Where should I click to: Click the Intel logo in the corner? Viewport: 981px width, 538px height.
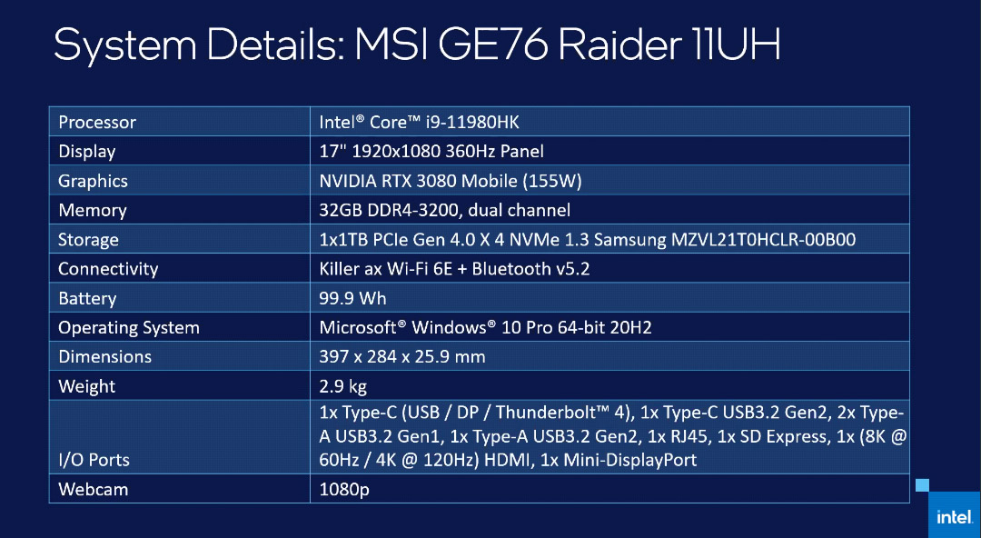pyautogui.click(x=955, y=517)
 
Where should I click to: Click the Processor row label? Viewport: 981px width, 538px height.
pyautogui.click(x=97, y=122)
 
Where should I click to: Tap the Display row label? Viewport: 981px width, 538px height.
pyautogui.click(x=87, y=152)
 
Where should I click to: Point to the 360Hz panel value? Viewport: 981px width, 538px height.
pyautogui.click(x=431, y=152)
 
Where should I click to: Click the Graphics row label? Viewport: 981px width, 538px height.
pyautogui.click(x=93, y=181)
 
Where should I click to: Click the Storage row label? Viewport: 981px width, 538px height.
pyautogui.click(x=88, y=240)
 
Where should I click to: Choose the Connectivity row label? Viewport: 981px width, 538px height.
pyautogui.click(x=108, y=269)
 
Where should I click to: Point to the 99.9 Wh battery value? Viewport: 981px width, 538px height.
pyautogui.click(x=352, y=298)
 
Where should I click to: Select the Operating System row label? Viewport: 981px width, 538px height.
pyautogui.click(x=129, y=327)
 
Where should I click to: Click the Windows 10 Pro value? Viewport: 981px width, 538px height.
pyautogui.click(x=485, y=327)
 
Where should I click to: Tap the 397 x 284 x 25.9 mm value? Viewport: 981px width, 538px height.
pyautogui.click(x=402, y=357)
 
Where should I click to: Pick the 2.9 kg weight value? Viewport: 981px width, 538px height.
pyautogui.click(x=342, y=386)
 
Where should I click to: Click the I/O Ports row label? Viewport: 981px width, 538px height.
pyautogui.click(x=94, y=460)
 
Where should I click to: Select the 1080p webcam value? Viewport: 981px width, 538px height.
pyautogui.click(x=344, y=489)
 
